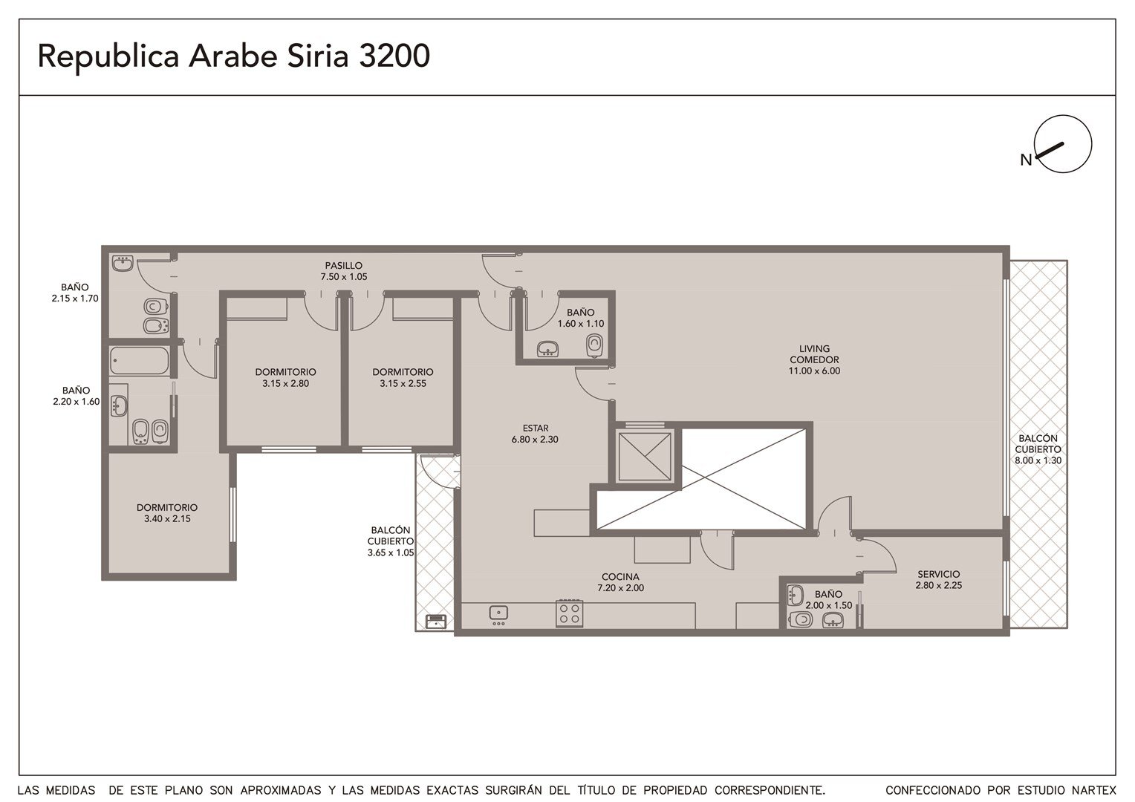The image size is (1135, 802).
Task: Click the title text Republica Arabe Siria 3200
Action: pos(233,56)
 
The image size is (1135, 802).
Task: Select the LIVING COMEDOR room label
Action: pos(814,359)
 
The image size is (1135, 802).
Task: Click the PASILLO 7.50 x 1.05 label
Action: pos(343,271)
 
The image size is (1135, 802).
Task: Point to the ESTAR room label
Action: pos(535,434)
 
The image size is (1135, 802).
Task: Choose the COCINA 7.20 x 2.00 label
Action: pos(620,582)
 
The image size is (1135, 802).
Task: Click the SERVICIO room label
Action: pos(938,579)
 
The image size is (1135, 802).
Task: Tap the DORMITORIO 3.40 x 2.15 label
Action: pos(166,512)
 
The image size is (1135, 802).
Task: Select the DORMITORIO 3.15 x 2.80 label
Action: pos(285,377)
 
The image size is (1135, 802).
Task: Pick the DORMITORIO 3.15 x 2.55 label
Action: pos(403,377)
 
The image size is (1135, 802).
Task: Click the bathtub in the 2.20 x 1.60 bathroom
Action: pos(139,361)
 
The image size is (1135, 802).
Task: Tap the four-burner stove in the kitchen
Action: pos(569,613)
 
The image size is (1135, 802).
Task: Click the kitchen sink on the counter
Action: pos(498,613)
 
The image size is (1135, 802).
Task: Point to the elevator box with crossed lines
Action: pos(645,457)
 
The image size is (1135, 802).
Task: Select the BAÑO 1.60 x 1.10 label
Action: pos(581,318)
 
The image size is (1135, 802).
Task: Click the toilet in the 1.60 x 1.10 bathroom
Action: pos(595,346)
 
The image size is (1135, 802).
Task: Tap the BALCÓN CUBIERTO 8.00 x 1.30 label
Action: pos(1038,449)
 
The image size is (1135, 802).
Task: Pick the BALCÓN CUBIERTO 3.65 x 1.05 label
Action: pos(390,541)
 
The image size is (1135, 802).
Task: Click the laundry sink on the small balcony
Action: pos(436,621)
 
